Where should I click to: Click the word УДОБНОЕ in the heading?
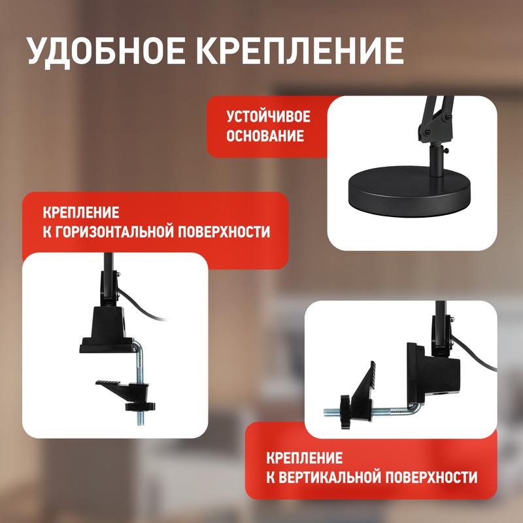tap(106, 51)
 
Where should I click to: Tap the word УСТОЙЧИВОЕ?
tap(268, 116)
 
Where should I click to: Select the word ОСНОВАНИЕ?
tap(265, 136)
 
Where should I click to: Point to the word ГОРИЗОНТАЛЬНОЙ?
tap(113, 232)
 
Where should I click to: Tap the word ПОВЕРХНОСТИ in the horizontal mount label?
tap(224, 232)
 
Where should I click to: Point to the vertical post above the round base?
tap(436, 160)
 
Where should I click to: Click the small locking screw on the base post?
tap(446, 152)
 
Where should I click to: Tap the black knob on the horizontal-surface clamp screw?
tap(140, 406)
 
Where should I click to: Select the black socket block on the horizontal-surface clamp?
tap(107, 329)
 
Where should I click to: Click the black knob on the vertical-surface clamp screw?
tap(345, 412)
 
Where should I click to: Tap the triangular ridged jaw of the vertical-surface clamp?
tap(363, 390)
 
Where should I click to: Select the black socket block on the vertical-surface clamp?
tap(433, 373)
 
